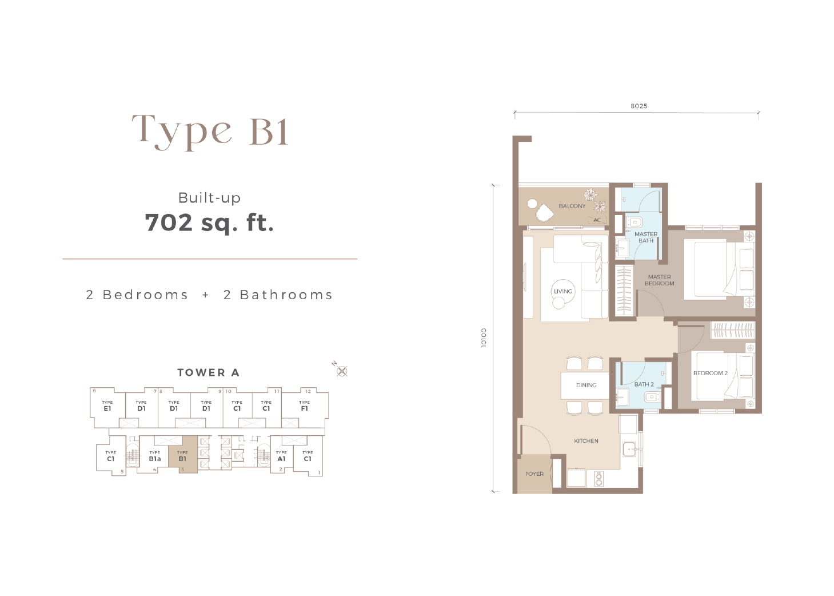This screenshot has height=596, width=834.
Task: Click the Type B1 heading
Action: (x=210, y=131)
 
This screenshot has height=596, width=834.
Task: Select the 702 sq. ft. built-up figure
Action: (x=209, y=222)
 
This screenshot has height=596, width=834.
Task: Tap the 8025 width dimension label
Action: (x=639, y=106)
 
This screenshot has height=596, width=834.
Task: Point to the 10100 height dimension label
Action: (x=484, y=337)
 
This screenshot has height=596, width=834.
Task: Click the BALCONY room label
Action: (x=572, y=206)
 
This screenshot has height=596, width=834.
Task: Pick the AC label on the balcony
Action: (x=597, y=220)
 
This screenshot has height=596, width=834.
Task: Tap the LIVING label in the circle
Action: (x=562, y=291)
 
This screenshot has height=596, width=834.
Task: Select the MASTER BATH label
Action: (x=646, y=237)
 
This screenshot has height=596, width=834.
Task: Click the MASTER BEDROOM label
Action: (x=660, y=280)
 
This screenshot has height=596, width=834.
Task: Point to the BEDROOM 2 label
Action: (x=711, y=373)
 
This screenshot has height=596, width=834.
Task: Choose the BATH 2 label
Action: (x=644, y=384)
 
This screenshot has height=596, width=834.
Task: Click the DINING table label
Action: (x=586, y=385)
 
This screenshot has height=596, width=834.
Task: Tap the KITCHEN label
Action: (x=586, y=441)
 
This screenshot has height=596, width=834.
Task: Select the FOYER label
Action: (x=534, y=474)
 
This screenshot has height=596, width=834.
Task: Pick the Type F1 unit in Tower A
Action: (x=305, y=406)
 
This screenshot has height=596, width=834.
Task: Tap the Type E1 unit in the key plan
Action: (x=107, y=406)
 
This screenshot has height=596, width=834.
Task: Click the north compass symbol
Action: (x=341, y=371)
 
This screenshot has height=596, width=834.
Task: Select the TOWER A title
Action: (x=209, y=372)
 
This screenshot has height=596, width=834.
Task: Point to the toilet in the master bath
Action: (x=635, y=222)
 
